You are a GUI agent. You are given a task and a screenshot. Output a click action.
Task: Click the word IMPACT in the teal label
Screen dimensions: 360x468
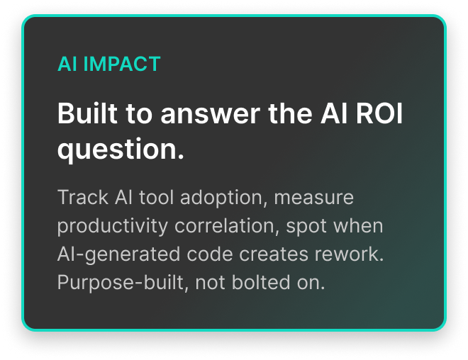coord(122,64)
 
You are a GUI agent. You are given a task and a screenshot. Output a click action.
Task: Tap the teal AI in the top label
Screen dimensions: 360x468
coord(67,64)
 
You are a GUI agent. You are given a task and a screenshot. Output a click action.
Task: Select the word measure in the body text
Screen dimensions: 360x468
coord(314,197)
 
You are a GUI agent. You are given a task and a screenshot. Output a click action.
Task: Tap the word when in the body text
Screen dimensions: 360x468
coord(359,226)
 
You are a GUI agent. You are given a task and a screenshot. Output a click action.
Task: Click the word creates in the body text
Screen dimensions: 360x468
coord(259,254)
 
